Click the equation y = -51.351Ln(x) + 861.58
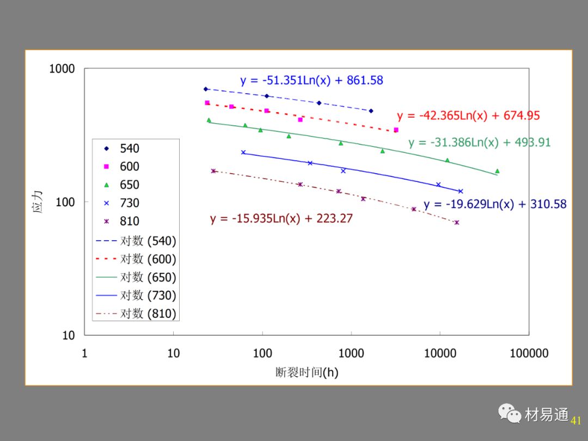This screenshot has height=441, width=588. point(311,81)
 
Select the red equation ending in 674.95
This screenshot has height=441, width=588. point(468,115)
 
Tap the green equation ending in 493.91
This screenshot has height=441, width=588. point(479,143)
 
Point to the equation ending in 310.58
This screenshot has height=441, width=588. point(495,205)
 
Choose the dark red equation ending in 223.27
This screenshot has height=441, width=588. point(281,219)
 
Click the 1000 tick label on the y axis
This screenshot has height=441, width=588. point(62,69)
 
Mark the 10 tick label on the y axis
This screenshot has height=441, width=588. point(68,335)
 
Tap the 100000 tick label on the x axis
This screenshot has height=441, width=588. point(529,353)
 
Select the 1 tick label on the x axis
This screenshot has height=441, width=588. point(84,353)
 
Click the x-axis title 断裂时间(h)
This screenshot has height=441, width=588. point(307,372)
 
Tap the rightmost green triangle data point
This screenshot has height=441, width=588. point(497,171)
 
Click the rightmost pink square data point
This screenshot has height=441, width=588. point(396,130)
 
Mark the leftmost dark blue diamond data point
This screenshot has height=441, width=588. point(206,89)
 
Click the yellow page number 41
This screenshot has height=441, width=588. point(576,420)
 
